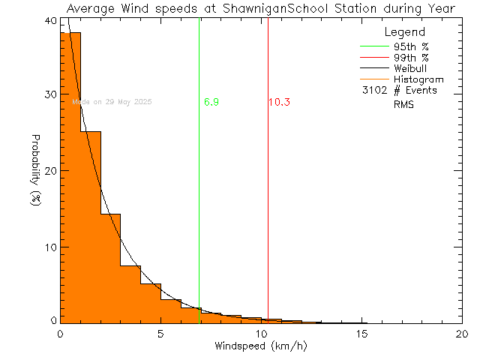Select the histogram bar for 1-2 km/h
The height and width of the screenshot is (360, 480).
(x=90, y=225)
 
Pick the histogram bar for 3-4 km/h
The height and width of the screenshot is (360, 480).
(x=130, y=292)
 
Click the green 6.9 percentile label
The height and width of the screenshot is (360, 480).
(x=211, y=102)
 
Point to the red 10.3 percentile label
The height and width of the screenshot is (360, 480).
(x=279, y=102)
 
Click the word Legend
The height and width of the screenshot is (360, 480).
(x=405, y=33)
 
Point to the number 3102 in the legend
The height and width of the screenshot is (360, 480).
(x=373, y=91)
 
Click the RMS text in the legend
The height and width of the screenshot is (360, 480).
(x=403, y=104)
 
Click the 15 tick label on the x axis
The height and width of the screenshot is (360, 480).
(x=361, y=334)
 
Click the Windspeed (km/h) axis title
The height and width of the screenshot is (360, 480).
(x=261, y=346)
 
